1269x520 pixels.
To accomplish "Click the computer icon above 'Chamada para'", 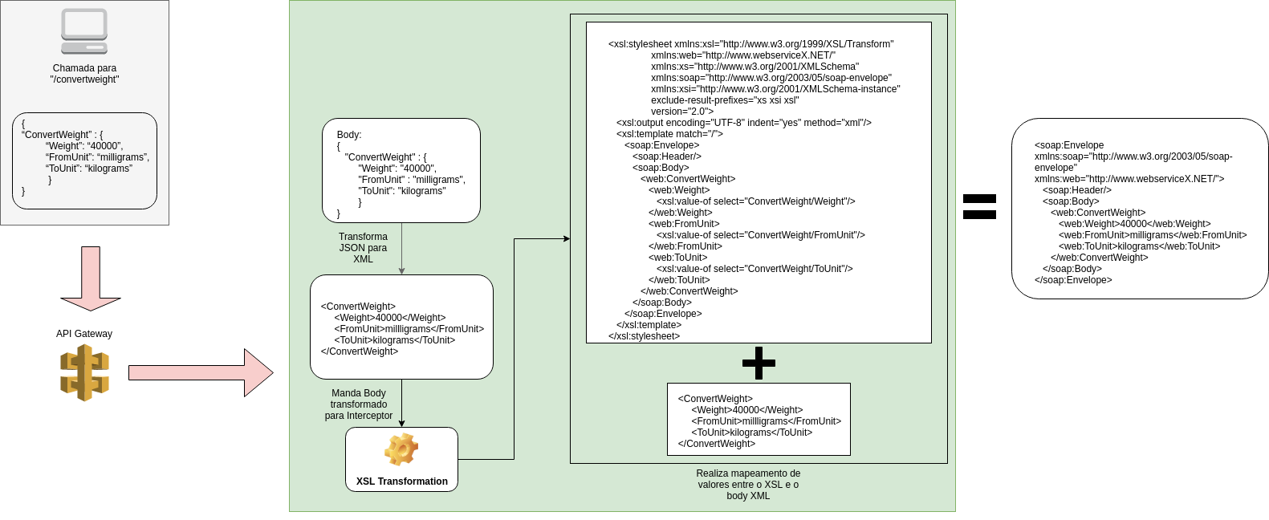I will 84,31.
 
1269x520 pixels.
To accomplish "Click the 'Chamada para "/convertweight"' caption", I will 84,74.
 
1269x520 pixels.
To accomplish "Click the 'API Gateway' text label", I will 84,334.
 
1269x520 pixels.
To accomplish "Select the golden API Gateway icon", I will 84,372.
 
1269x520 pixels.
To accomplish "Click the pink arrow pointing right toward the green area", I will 201,372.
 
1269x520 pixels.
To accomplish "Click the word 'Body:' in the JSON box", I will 349,135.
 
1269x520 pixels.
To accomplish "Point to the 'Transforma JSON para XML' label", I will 363,248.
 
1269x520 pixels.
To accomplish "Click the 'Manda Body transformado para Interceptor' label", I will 359,404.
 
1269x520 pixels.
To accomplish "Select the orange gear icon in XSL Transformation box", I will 401,449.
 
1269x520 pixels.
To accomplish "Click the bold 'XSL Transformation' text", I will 402,481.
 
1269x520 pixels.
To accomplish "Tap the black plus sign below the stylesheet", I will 759,364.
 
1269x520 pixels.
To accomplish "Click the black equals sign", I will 979,206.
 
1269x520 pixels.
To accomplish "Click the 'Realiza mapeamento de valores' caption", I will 748,485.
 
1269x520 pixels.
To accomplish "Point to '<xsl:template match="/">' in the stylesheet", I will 669,134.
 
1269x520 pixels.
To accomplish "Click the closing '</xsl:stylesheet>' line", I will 644,336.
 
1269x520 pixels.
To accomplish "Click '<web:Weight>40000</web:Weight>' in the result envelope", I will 1135,224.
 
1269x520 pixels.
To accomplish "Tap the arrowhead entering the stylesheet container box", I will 567,238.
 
